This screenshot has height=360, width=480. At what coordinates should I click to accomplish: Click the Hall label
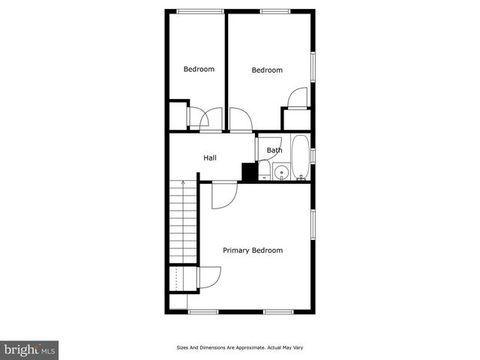[x=210, y=158]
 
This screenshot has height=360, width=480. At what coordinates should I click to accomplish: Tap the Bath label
[x=274, y=150]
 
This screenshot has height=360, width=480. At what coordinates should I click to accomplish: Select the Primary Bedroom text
[x=253, y=250]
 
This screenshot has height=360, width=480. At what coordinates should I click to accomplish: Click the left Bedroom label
[x=199, y=69]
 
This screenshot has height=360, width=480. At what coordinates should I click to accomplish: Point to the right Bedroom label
[x=266, y=70]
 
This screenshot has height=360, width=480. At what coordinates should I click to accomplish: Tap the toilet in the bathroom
[x=264, y=170]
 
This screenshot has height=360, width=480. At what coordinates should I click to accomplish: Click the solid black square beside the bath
[x=249, y=172]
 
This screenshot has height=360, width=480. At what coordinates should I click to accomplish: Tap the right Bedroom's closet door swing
[x=298, y=97]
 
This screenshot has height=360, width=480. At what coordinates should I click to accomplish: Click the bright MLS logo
[x=30, y=349]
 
